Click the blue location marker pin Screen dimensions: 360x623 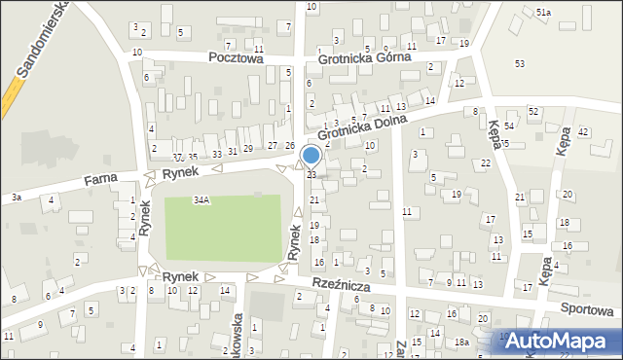[x=311, y=156]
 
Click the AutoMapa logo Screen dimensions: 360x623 [x=560, y=341]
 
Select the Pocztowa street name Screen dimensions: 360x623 [x=236, y=57]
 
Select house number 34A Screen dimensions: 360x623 [x=202, y=199]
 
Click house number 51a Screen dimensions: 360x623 [x=543, y=12]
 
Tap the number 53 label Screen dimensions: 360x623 [x=519, y=63]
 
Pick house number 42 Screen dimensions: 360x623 [x=583, y=131]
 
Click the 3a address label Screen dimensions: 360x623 [x=17, y=198]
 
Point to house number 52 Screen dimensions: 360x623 [x=533, y=112]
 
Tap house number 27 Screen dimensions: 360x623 [x=272, y=146]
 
